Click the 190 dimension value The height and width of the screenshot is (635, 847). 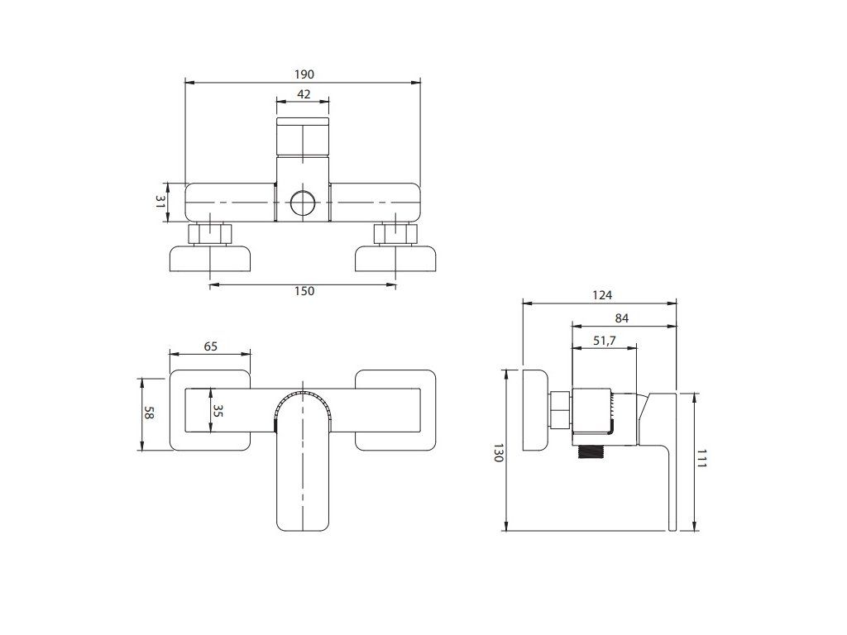(x=304, y=74)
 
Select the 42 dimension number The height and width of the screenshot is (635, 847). (x=304, y=94)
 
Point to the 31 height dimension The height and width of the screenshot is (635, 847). (x=160, y=202)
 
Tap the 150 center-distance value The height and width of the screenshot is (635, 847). (x=304, y=291)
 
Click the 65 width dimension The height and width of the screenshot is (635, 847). (x=211, y=346)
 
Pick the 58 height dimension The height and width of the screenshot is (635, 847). (x=149, y=413)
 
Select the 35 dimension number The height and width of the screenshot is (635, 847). (x=218, y=411)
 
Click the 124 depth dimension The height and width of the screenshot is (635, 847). (x=602, y=295)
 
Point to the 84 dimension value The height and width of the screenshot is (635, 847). (x=622, y=318)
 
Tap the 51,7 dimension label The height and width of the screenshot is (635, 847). (x=605, y=341)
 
